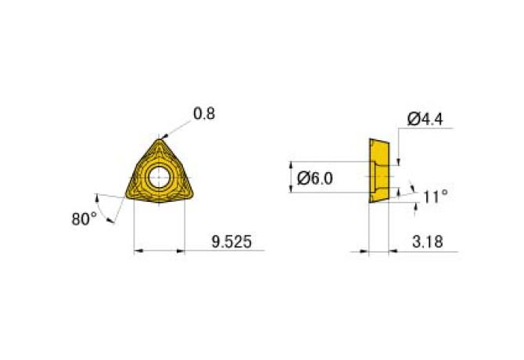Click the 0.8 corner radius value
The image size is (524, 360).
pyautogui.click(x=204, y=113)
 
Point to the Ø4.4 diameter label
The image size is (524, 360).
pyautogui.click(x=427, y=119)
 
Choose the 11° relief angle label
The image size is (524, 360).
pyautogui.click(x=436, y=196)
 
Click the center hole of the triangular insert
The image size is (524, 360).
pyautogui.click(x=160, y=175)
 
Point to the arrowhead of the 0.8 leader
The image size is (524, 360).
pyautogui.click(x=162, y=138)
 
